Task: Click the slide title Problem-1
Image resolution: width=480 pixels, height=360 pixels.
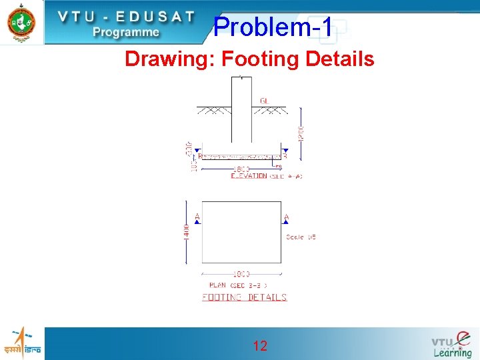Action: point(273,27)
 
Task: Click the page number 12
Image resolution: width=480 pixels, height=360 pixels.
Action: point(260,345)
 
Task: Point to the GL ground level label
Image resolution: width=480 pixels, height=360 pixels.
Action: point(265,101)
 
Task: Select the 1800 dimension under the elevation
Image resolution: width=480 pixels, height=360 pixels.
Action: point(241,169)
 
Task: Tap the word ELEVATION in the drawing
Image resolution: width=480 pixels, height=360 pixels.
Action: point(249,176)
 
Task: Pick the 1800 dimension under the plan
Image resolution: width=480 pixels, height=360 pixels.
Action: point(241,274)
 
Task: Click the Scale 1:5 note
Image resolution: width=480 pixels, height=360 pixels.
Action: point(301,237)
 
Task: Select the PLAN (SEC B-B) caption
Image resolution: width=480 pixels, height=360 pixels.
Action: point(238,285)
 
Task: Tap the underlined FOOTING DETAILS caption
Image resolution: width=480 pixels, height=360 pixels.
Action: point(244,297)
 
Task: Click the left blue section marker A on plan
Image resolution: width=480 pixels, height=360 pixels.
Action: point(197,219)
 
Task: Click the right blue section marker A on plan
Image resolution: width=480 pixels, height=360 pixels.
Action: point(285,219)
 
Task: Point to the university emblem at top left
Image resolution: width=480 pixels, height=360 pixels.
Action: point(21,22)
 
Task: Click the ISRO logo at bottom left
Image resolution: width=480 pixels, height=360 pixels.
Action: point(22,343)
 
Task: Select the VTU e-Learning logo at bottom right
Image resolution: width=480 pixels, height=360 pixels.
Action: point(451,344)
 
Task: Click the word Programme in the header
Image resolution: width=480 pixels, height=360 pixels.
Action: point(126,31)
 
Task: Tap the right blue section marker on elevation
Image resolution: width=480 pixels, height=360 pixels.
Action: point(285,156)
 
